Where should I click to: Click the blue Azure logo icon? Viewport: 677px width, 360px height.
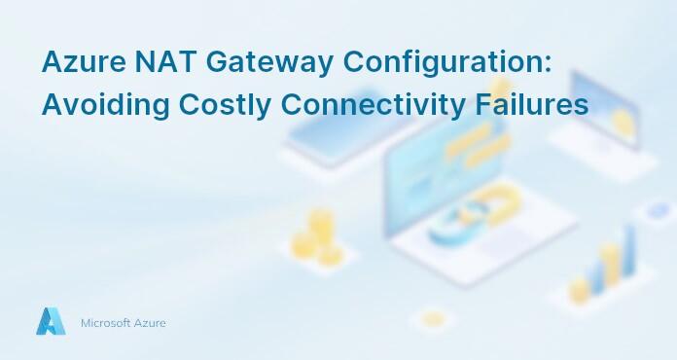[x=51, y=321]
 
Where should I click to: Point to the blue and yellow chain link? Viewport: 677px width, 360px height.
[x=458, y=219]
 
